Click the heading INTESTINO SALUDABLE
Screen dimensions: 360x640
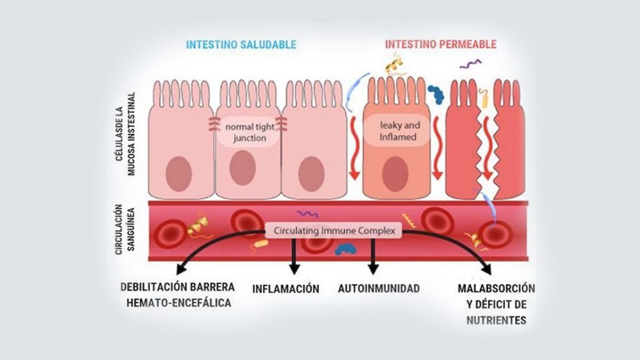(241, 45)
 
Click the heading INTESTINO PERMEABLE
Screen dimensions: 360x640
(441, 45)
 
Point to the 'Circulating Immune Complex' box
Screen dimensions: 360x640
(334, 231)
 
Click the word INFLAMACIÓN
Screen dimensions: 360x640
(286, 289)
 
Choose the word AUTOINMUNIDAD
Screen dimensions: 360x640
(379, 289)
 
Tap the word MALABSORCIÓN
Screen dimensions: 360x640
(496, 289)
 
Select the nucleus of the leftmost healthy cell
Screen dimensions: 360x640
(180, 173)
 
